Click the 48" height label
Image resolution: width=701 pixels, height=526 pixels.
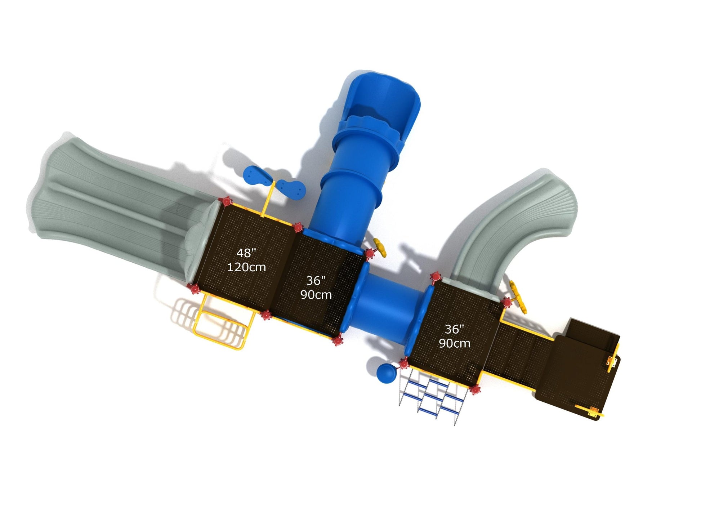[x=246, y=253]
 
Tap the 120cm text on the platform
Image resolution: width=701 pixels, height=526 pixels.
[x=246, y=267]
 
